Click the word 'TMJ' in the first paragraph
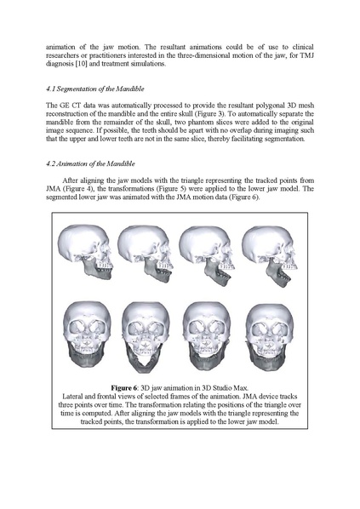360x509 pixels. point(306,54)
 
